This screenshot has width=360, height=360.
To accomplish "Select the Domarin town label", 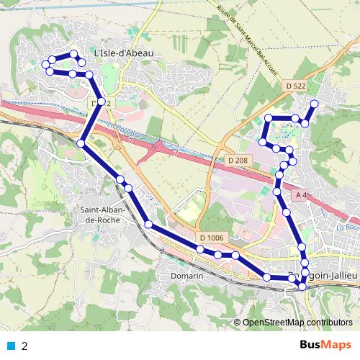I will (187, 275).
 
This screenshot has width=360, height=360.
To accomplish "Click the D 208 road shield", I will (237, 160).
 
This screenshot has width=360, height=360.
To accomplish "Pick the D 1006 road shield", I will (212, 238).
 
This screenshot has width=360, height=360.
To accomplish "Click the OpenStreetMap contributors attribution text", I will (297, 322).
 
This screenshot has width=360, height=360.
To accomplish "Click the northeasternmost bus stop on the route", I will (314, 104).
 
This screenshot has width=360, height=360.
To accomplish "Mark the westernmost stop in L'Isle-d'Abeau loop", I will (45, 65).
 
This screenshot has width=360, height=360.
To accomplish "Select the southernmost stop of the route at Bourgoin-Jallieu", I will (302, 287).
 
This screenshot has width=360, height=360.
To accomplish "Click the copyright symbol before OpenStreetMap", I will (238, 322).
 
